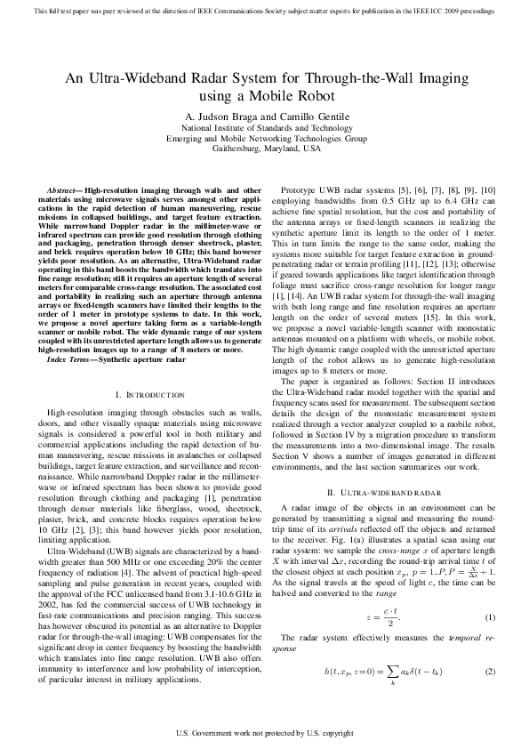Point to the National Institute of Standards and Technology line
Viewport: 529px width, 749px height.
pyautogui.click(x=264, y=128)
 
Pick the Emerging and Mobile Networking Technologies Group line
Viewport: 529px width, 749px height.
pyautogui.click(x=264, y=139)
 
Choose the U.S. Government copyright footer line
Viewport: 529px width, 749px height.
pyautogui.click(x=264, y=734)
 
